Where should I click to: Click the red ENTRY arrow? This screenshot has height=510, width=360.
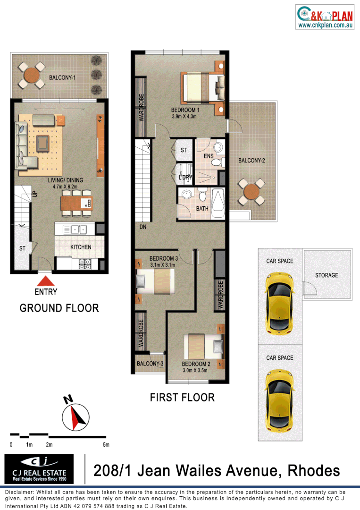(45, 281)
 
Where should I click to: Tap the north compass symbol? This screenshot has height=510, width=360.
(75, 416)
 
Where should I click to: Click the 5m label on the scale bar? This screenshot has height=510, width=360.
(106, 445)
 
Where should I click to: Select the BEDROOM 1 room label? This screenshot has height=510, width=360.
(185, 110)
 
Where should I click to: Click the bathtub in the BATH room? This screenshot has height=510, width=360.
(218, 204)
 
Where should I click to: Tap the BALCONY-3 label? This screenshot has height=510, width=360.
(150, 364)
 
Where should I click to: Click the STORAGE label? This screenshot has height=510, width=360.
(327, 275)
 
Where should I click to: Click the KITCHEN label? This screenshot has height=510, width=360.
(81, 247)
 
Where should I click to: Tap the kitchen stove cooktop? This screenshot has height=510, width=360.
(85, 264)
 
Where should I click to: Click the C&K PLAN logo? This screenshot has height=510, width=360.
(325, 17)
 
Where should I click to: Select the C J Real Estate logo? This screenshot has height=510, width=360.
(39, 469)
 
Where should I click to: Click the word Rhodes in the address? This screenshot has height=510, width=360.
(314, 470)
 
